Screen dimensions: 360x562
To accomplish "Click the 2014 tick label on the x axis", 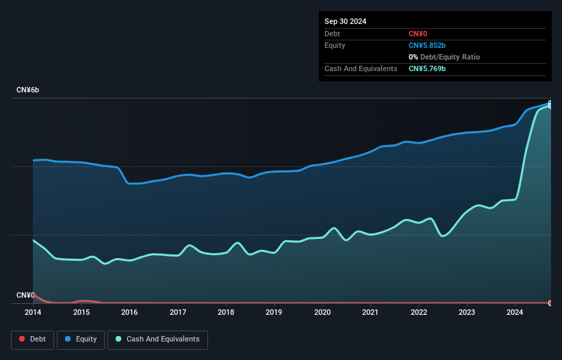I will (x=33, y=313).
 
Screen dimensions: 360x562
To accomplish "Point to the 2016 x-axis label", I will (x=129, y=313).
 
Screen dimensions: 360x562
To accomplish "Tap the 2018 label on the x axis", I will (x=226, y=313).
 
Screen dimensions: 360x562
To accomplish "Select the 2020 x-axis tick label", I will (x=322, y=313).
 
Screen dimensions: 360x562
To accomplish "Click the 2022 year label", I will (x=419, y=313).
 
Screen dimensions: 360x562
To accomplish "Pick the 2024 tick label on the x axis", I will (x=515, y=313).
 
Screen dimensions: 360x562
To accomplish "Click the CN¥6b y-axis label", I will (x=28, y=90).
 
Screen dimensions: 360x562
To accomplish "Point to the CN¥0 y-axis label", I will (x=25, y=295).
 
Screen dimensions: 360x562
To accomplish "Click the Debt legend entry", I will (x=32, y=339).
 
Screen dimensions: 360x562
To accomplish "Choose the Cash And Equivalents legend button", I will (x=157, y=339).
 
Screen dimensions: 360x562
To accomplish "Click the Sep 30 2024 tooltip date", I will (x=346, y=21).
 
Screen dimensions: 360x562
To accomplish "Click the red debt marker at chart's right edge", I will (x=550, y=303).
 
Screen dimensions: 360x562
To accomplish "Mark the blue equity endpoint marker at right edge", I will (x=550, y=103).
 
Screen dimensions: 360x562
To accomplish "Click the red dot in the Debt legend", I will (x=22, y=339).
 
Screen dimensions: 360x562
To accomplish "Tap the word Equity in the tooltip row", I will (x=335, y=45).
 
